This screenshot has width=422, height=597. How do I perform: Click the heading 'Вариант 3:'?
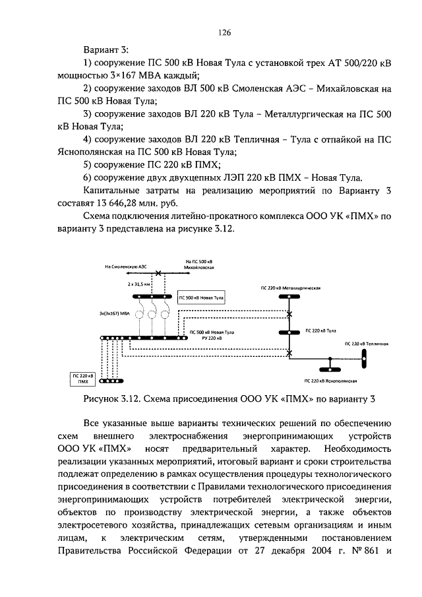click(x=107, y=49)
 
